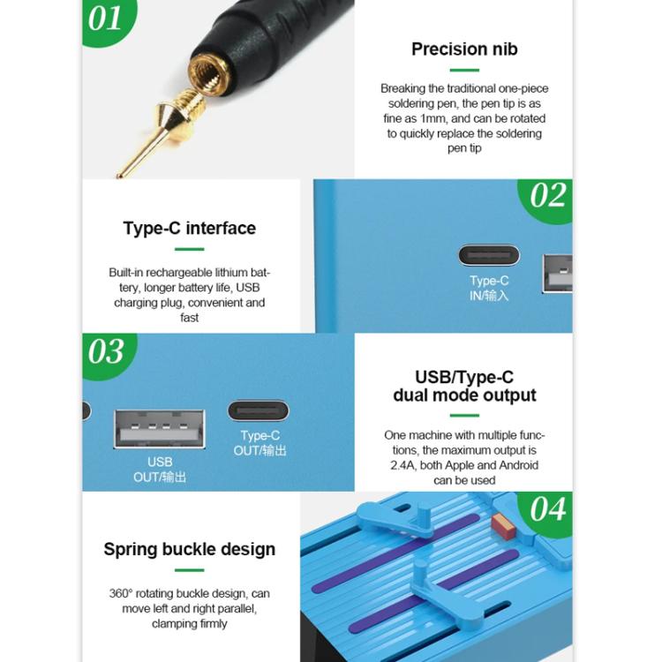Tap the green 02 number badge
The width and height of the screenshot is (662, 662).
[x=547, y=196]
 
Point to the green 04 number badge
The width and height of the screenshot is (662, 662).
[x=547, y=509]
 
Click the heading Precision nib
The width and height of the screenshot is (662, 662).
[x=463, y=49]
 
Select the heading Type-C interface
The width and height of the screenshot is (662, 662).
[x=190, y=229]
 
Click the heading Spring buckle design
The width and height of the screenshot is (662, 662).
[x=190, y=549]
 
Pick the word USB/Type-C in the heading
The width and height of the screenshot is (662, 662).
[x=464, y=378]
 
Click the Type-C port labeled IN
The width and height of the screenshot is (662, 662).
[x=489, y=256]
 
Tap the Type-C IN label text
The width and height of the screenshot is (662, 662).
[x=489, y=289]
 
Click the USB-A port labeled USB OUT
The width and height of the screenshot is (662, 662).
[x=160, y=429]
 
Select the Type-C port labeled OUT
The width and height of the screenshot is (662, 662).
[x=258, y=410]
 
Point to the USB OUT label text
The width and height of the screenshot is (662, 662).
[x=160, y=470]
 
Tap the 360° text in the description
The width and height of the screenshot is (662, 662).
[x=122, y=593]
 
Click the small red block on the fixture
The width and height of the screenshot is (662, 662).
[x=503, y=527]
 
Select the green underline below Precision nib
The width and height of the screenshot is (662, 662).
[x=463, y=70]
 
